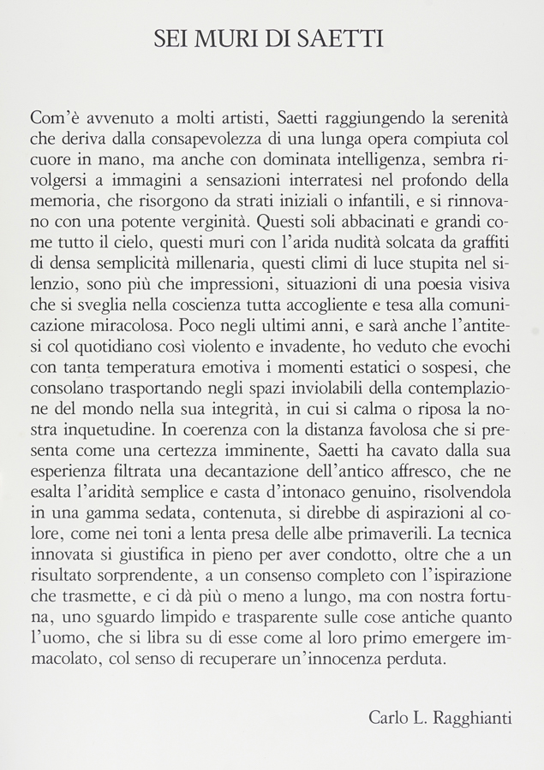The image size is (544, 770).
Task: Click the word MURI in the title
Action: [x=228, y=38]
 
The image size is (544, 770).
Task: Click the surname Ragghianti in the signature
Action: [x=475, y=717]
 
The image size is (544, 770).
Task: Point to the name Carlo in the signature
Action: [x=388, y=717]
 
